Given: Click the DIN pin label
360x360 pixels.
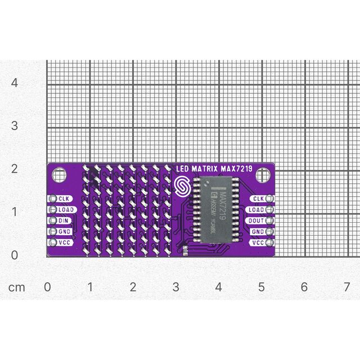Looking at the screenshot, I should pos(63,220).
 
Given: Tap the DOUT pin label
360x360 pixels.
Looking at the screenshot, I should pos(256,220).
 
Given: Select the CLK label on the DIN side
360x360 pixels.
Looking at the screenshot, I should pos(64,199).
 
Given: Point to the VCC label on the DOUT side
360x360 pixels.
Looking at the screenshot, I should pos(258,242).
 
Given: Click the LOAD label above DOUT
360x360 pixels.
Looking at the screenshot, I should pos(256,210).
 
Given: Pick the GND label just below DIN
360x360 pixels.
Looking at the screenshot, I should pos(64,231).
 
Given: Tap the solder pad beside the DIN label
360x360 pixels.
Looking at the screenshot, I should pos(53,220).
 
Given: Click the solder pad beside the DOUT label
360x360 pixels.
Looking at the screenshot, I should pos(270,220).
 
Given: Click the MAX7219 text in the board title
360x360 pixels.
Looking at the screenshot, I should pos(237,168).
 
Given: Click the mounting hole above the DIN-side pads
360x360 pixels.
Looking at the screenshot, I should pos(59,175).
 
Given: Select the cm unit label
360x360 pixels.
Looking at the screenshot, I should pos(17,287).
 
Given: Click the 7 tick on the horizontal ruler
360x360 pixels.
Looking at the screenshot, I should pos(347,287).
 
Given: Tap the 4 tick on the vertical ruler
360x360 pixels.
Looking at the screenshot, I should pos(15,83).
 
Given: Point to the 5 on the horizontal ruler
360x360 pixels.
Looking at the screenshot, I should pos(262,287).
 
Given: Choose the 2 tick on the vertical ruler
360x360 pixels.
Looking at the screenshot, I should pos(15,169).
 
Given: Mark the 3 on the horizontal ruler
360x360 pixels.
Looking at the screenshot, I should pos(175,287).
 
